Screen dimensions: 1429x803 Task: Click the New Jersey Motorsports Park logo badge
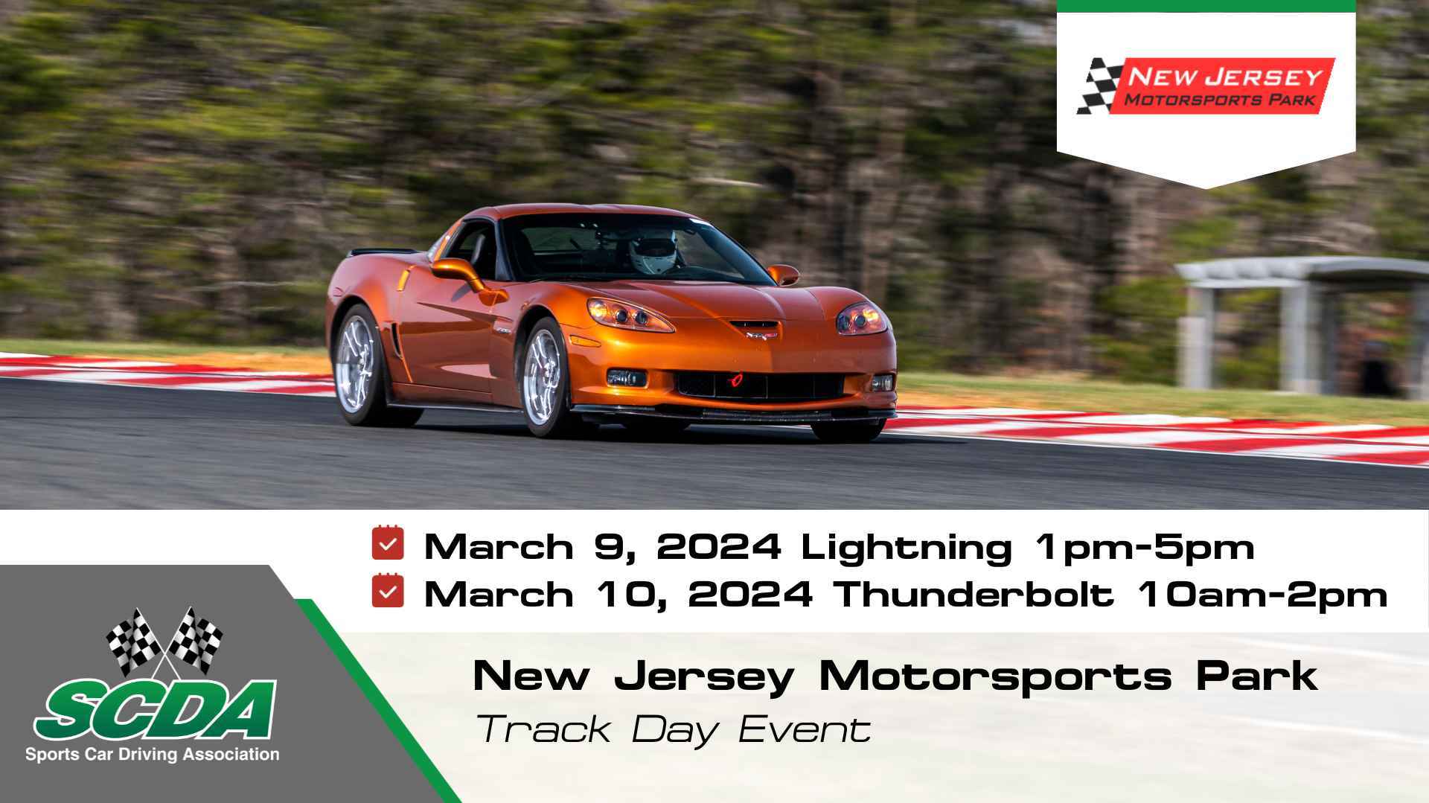click(x=1205, y=86)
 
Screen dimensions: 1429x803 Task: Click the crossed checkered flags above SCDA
click(x=164, y=639)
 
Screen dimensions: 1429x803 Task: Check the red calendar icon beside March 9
click(x=388, y=543)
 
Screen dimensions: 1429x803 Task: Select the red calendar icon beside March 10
click(x=388, y=591)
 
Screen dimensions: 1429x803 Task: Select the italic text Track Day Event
click(x=674, y=729)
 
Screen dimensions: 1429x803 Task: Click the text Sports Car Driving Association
click(x=153, y=755)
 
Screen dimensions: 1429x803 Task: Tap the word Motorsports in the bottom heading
click(x=995, y=676)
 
